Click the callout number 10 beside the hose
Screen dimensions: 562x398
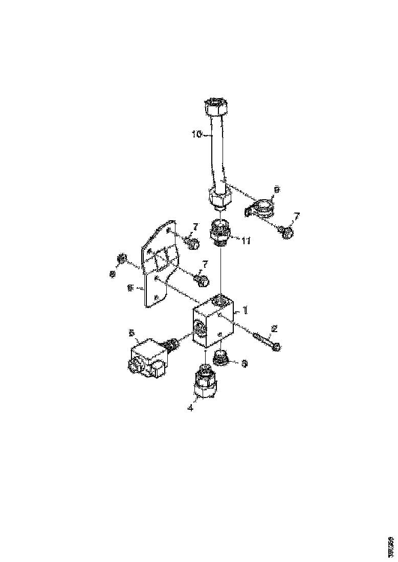pyautogui.click(x=197, y=135)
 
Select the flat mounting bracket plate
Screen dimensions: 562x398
pyautogui.click(x=159, y=266)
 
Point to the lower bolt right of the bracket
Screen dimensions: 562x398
pyautogui.click(x=203, y=280)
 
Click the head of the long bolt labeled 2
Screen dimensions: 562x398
pyautogui.click(x=276, y=346)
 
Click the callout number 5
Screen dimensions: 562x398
pyautogui.click(x=131, y=333)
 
